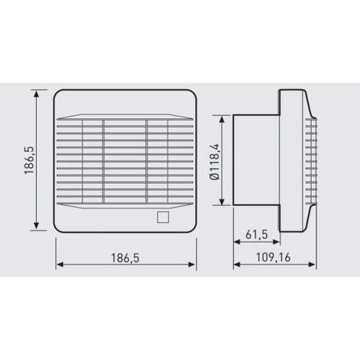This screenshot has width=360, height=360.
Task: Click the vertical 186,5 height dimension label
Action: pyautogui.click(x=30, y=160)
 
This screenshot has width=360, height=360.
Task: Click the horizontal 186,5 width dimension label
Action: pyautogui.click(x=125, y=258)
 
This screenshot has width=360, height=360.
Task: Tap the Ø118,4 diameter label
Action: pyautogui.click(x=215, y=162)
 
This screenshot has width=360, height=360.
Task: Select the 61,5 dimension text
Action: pyautogui.click(x=256, y=234)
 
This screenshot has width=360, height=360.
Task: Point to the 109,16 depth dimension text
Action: pyautogui.click(x=273, y=258)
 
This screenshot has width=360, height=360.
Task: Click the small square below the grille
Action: pyautogui.click(x=163, y=217)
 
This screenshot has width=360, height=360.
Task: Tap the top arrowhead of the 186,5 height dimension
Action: pyautogui.click(x=36, y=94)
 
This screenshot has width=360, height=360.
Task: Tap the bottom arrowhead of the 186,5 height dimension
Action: pyautogui.click(x=36, y=225)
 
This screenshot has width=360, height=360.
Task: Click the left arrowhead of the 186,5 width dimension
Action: pyautogui.click(x=60, y=264)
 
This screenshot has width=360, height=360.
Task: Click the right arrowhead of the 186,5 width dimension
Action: pyautogui.click(x=192, y=264)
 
